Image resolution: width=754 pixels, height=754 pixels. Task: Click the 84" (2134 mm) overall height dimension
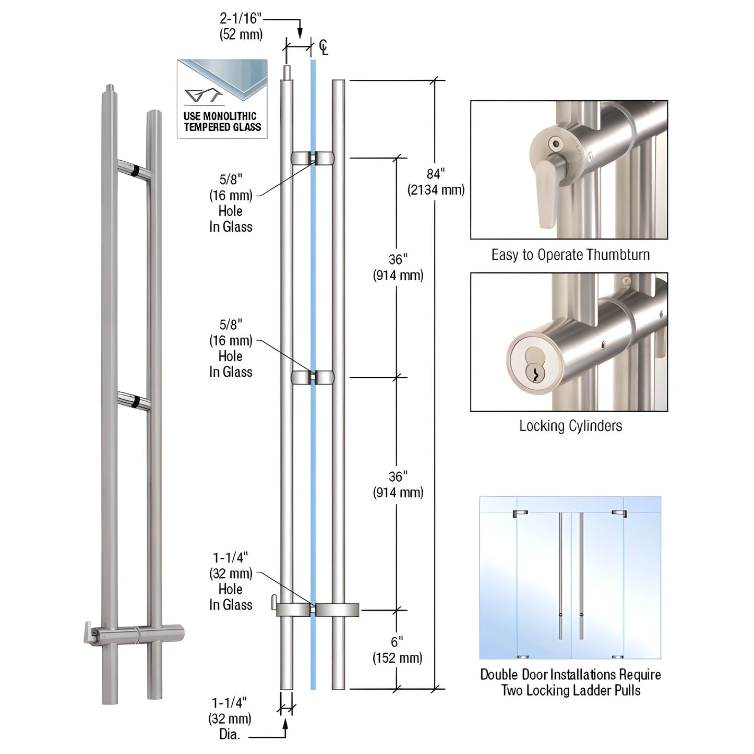point(436,182)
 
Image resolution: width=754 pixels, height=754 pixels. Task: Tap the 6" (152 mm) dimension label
point(397,650)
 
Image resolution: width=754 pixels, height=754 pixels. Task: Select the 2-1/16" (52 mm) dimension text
point(241,27)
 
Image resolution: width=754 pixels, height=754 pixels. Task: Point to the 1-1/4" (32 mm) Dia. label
point(230,719)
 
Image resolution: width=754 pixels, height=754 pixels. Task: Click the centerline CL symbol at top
point(324,47)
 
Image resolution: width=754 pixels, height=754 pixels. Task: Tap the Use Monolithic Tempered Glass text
point(222,122)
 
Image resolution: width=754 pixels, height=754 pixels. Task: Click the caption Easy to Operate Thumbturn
point(570,255)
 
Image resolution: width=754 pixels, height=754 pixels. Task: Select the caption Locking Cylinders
point(570,426)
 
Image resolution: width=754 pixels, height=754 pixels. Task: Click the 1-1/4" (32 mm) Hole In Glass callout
point(231,581)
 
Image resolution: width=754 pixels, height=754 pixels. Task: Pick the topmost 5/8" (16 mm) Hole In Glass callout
point(231,203)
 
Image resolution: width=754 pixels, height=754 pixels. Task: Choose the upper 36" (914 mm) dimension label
point(398,267)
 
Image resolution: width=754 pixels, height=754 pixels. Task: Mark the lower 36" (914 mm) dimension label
point(398,484)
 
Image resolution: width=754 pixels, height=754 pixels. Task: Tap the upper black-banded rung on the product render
point(134,170)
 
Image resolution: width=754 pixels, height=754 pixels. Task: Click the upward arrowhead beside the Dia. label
point(285,723)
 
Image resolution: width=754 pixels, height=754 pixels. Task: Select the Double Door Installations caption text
point(570,682)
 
